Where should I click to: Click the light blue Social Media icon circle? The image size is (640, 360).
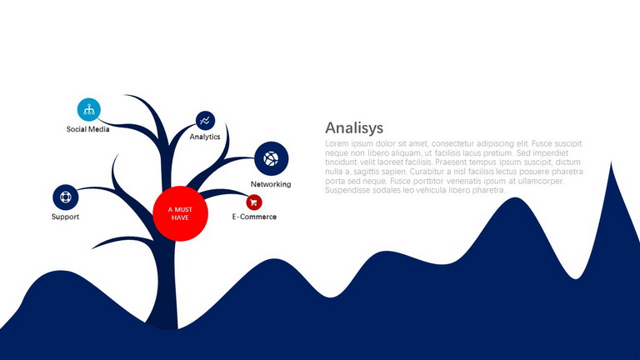click(x=89, y=109)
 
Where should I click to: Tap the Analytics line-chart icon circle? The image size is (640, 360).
click(x=205, y=120)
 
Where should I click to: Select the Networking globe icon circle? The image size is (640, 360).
click(x=272, y=159)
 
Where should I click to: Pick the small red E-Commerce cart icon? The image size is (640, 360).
click(x=254, y=202)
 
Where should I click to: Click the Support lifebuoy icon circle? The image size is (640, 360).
click(x=66, y=197)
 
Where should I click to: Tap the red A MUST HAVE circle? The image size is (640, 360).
click(x=180, y=213)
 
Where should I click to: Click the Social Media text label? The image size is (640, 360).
click(x=87, y=129)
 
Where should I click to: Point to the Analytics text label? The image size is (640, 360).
click(x=205, y=137)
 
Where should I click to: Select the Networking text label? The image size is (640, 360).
click(x=271, y=184)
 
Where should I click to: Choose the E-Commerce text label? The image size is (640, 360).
click(x=254, y=217)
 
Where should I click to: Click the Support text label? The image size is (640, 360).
click(x=65, y=217)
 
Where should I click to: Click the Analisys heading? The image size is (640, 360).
click(x=354, y=127)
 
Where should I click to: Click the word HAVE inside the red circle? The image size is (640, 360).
click(x=180, y=217)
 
